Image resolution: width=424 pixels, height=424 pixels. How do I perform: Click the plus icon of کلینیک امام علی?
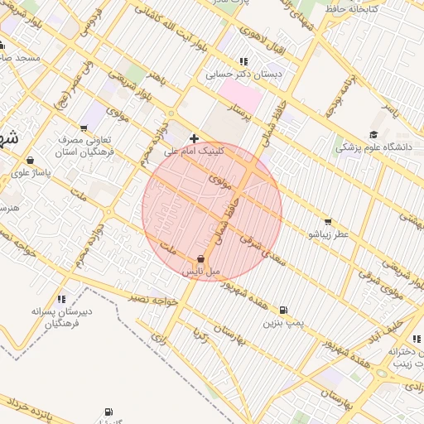coord(194,138)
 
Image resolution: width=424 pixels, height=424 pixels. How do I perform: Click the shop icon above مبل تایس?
coord(202,259)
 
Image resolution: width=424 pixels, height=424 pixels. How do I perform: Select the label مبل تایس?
coord(202,272)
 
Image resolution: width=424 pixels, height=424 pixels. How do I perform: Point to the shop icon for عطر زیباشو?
coord(328,221)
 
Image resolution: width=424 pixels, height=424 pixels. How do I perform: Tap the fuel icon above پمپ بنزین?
coord(284,309)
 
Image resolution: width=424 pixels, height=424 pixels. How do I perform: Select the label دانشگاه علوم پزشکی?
coord(373,147)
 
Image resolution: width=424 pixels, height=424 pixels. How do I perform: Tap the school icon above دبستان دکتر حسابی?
coord(243,61)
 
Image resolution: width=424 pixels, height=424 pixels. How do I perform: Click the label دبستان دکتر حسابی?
coord(244,74)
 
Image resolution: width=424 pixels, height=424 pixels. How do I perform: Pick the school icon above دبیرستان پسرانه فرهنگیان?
coord(61,299)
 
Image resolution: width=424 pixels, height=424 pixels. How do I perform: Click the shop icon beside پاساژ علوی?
coord(31,160)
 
